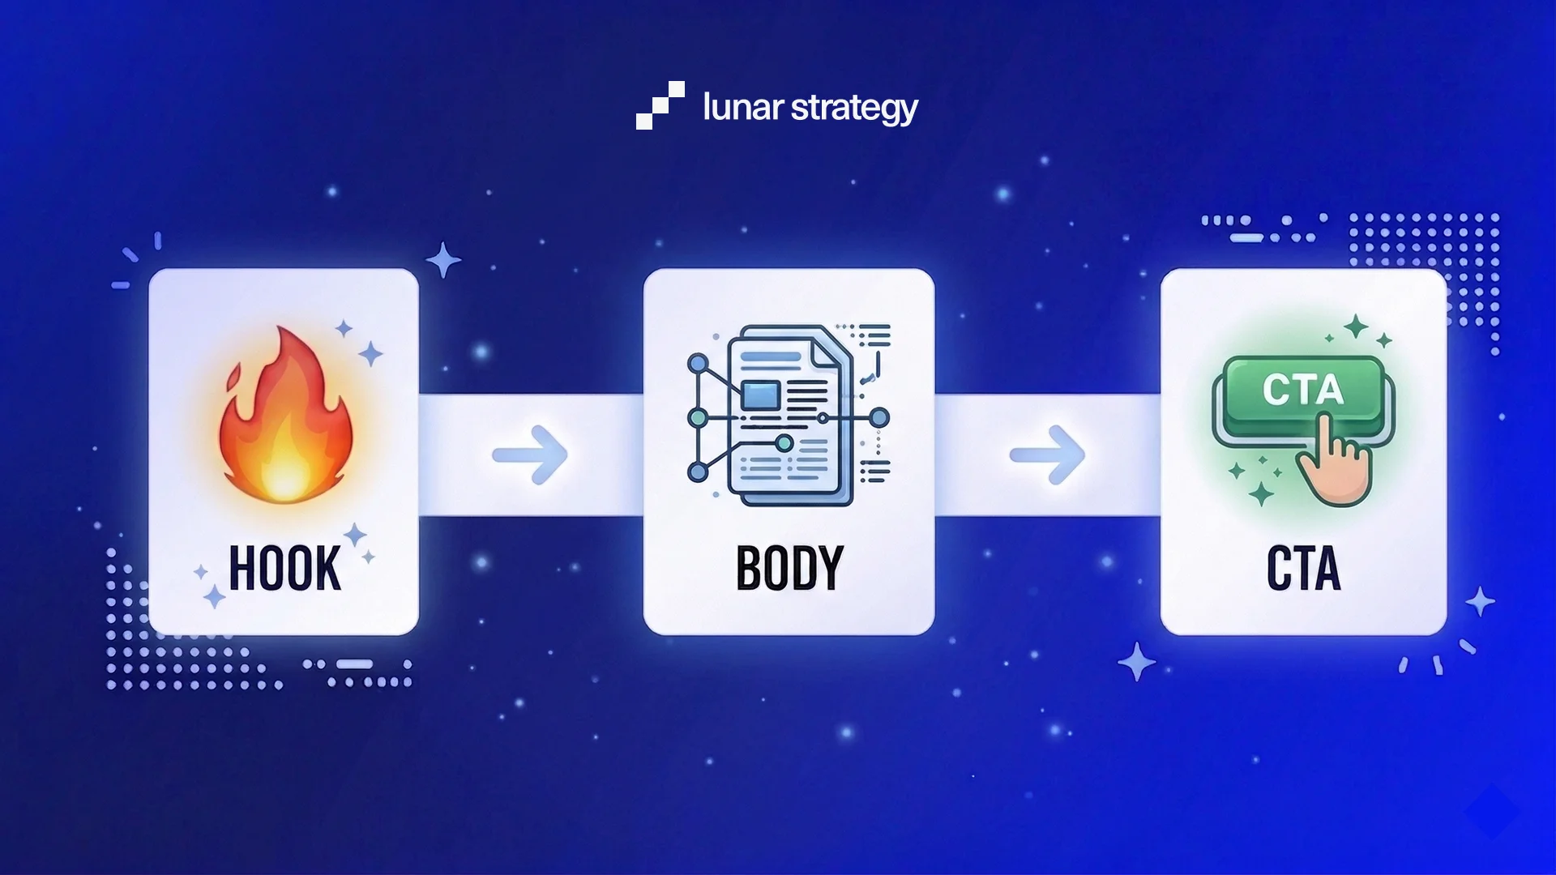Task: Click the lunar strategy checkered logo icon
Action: pos(660,105)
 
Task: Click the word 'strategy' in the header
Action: pos(854,108)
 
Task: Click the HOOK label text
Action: pos(284,568)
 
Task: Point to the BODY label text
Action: pos(789,568)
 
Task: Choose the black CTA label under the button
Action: pos(1303,568)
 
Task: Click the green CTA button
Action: pos(1302,391)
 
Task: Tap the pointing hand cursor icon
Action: pos(1334,462)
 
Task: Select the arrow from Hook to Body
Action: pos(531,455)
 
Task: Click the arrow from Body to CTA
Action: pos(1047,455)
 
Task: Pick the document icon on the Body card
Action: pos(788,415)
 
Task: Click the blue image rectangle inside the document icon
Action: pos(761,395)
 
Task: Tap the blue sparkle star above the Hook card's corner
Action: pos(443,260)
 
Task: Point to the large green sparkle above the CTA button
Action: pos(1356,327)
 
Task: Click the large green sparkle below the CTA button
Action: pos(1261,493)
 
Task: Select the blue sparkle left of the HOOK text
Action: pos(214,598)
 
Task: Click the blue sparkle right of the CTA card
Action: pos(1480,601)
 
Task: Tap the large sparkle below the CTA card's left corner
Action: pos(1137,662)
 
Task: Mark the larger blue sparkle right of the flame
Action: pos(370,353)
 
